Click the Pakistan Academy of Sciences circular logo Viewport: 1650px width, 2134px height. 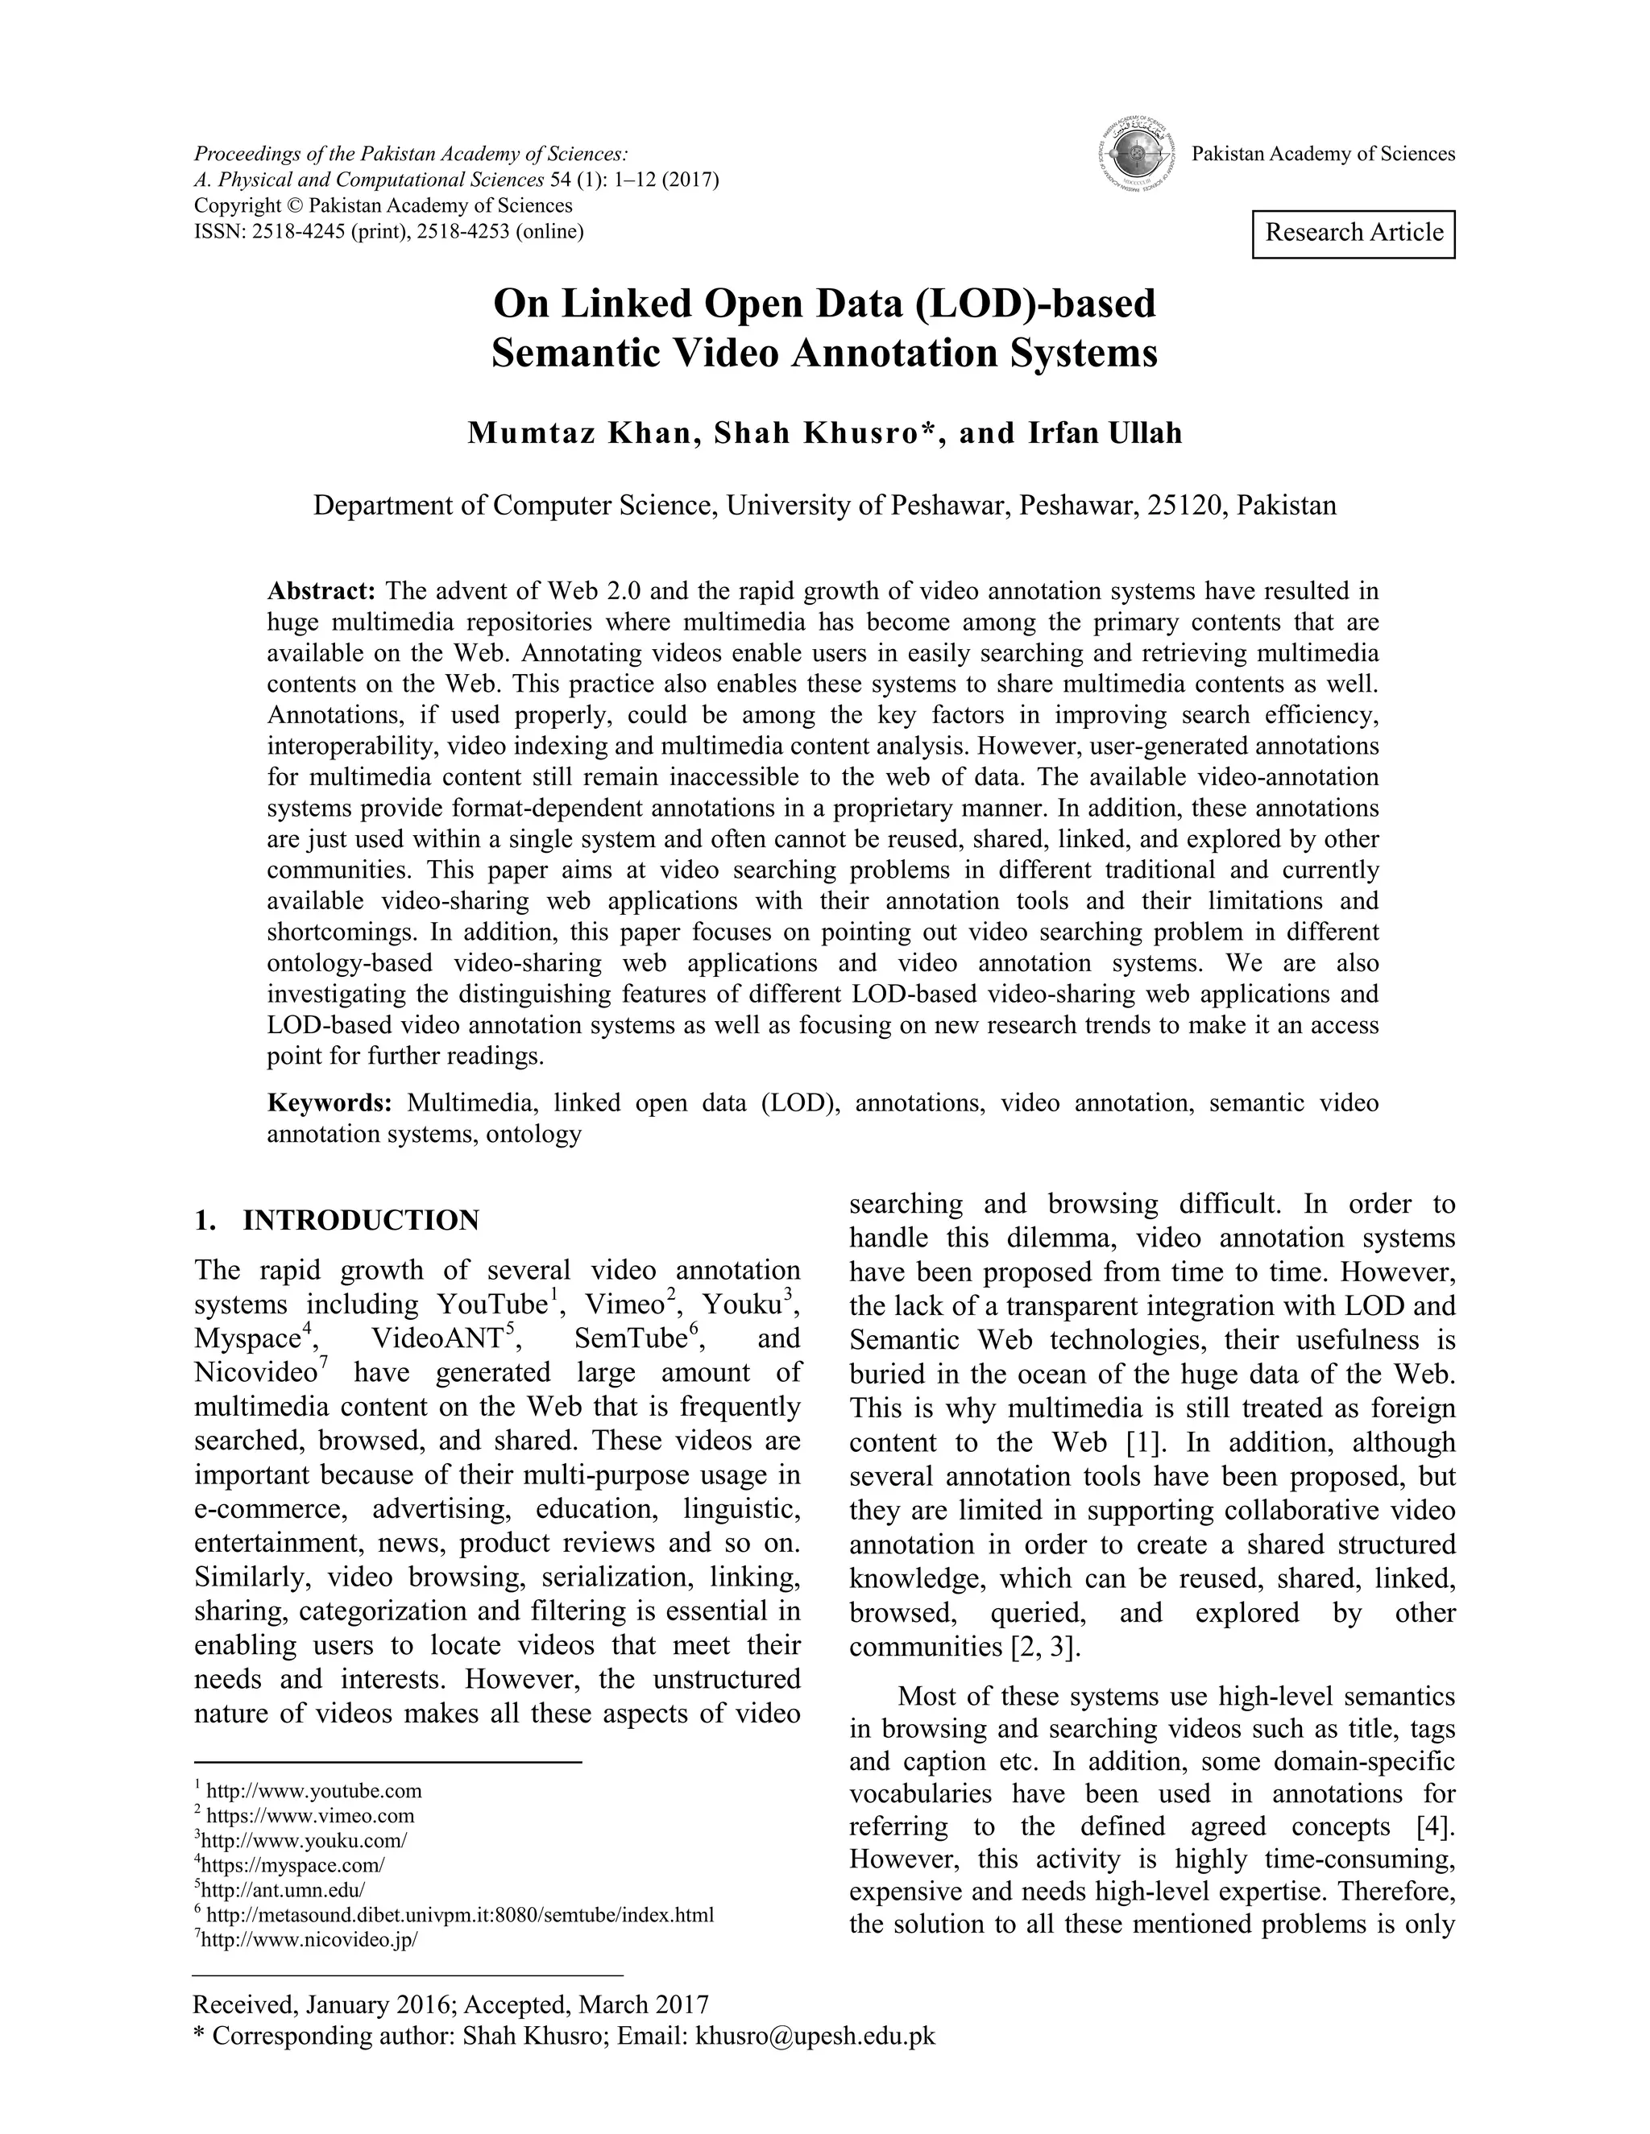click(x=1133, y=155)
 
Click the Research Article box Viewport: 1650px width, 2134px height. click(x=1353, y=234)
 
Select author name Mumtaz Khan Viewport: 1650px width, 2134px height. click(x=578, y=433)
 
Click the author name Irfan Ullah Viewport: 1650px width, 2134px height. click(x=1105, y=433)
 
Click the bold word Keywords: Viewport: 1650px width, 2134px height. click(x=330, y=1103)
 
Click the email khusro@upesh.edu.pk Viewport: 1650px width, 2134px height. click(x=815, y=2035)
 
